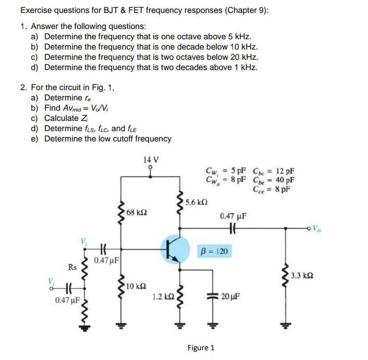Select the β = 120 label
[215, 252]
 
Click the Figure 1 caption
[201, 347]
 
